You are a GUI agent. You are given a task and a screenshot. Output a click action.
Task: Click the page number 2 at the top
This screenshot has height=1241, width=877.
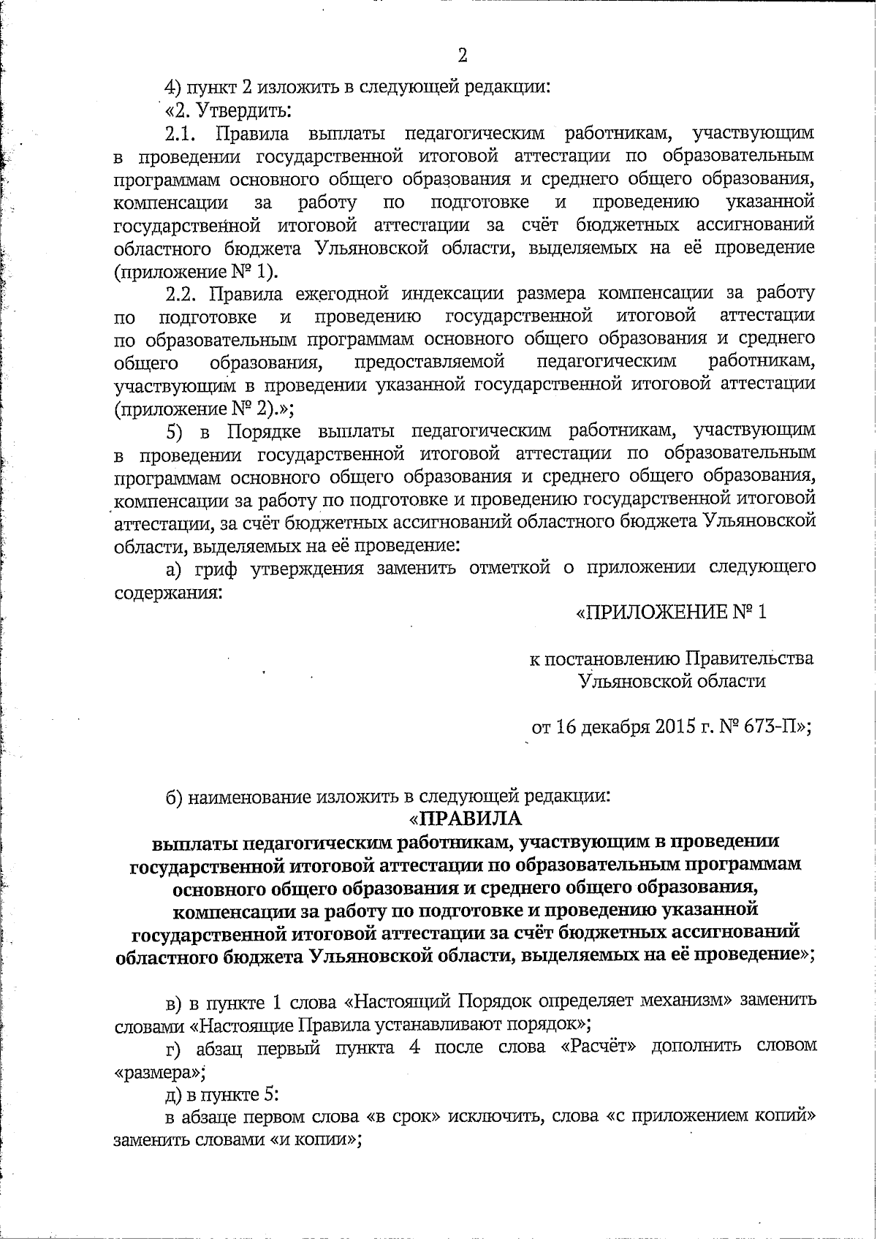461,56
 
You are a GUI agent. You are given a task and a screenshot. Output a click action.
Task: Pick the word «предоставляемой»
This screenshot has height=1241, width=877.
430,362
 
